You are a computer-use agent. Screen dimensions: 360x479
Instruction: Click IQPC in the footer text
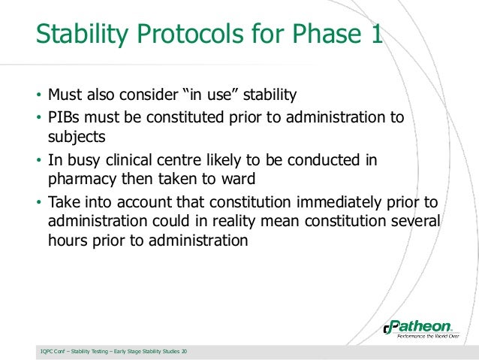coord(47,352)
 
